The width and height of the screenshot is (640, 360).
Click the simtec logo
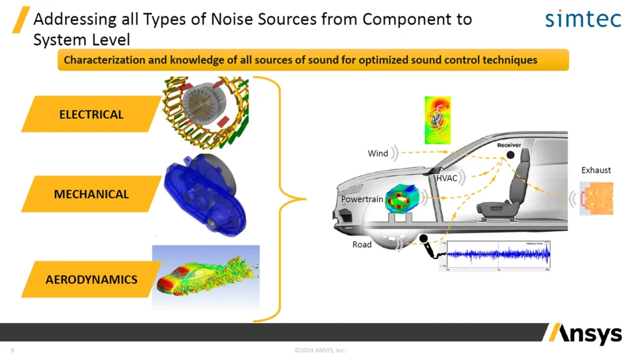coord(583,20)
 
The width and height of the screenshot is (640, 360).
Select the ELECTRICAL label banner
coord(91,114)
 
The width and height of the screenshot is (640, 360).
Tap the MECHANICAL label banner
coord(91,194)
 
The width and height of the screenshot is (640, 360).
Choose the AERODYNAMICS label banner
coord(91,279)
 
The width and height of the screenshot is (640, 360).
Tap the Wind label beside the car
coord(378,154)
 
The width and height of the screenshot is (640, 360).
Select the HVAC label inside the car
coord(446,178)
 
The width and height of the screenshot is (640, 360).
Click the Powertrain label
coord(362,199)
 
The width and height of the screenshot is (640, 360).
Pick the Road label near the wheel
coord(362,245)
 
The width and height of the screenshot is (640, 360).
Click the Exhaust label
coord(596,170)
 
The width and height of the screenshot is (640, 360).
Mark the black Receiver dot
coord(510,155)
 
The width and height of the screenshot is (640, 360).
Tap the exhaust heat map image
coord(596,198)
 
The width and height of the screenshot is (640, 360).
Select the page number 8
coord(12,350)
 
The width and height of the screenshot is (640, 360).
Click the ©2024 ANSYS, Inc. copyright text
coord(320,350)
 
